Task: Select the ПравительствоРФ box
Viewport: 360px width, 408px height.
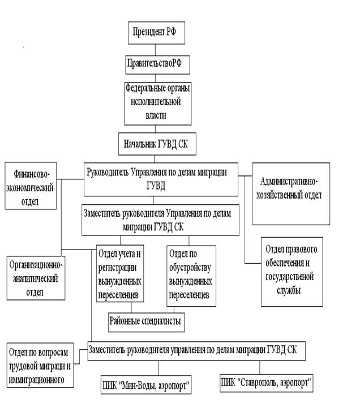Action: click(157, 65)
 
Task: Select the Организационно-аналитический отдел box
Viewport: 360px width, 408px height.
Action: click(36, 278)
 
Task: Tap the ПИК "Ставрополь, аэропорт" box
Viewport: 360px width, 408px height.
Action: click(267, 384)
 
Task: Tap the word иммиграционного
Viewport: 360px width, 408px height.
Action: click(37, 379)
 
